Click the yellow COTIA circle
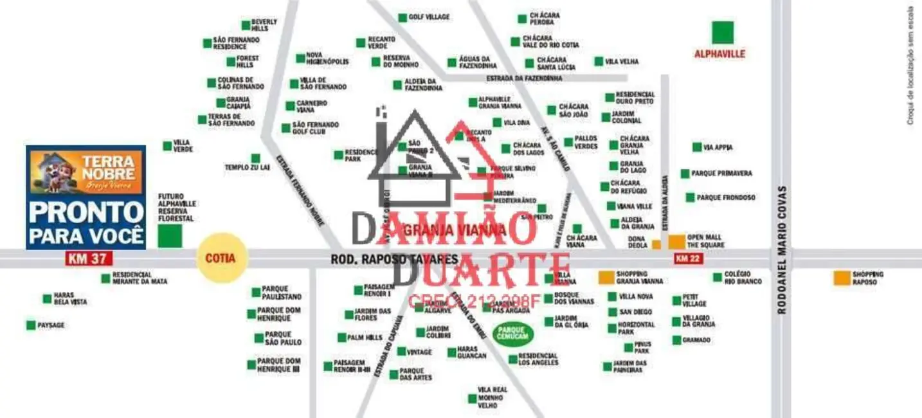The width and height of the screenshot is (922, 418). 221,259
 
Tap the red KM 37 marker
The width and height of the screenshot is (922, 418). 89,259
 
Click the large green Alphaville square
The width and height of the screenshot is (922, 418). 722,33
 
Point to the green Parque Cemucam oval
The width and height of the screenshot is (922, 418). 513,333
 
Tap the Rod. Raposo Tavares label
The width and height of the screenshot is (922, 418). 394,259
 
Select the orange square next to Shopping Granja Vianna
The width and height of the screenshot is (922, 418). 606,277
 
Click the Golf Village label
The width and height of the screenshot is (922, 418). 429,17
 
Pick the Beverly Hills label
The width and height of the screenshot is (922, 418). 264,25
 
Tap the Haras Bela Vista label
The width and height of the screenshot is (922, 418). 69,298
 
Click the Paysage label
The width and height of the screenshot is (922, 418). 51,325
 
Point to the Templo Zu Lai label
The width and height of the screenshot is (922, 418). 247,167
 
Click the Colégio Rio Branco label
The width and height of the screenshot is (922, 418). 743,278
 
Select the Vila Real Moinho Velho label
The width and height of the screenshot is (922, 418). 492,397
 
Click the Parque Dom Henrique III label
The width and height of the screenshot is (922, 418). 278,365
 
